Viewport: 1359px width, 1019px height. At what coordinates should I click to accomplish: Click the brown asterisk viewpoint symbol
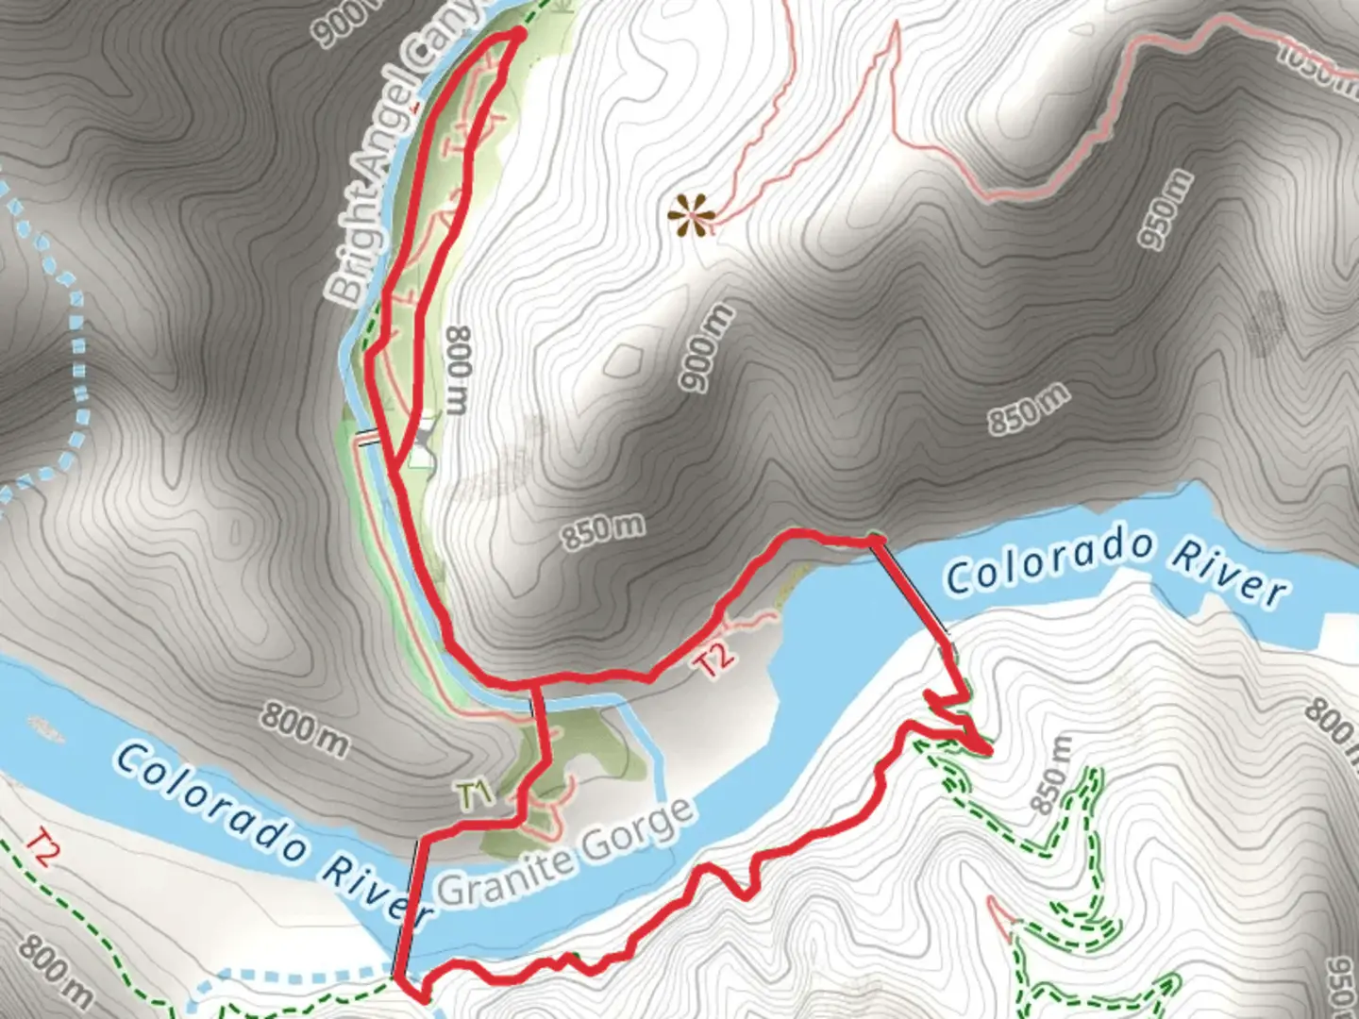pos(691,215)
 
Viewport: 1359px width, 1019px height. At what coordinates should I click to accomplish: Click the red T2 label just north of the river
pos(714,658)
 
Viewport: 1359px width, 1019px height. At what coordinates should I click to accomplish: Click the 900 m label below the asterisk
pos(706,348)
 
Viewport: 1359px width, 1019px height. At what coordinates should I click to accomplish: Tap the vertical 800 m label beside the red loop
pos(457,370)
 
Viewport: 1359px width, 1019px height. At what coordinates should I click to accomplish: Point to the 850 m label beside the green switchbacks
pos(1051,776)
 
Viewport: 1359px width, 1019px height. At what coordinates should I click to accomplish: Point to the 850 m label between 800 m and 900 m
pos(604,531)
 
